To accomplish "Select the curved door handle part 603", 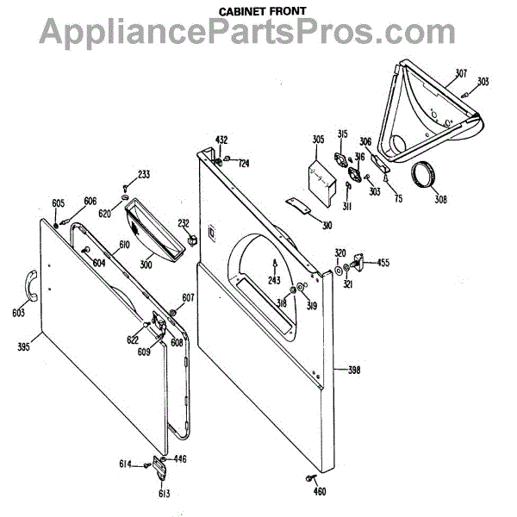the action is pos(28,285).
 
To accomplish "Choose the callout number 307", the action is pos(461,72).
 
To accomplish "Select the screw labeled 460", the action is pos(309,477).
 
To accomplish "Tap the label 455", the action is pos(383,262).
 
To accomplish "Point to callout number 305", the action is pos(318,140).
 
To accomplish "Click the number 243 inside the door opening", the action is pos(274,280).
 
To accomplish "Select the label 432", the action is pos(221,140).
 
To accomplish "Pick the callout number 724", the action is pos(244,163).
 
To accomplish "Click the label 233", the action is pos(143,174).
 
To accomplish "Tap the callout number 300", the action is pos(146,265).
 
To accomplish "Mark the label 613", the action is pos(163,494).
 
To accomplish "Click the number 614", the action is pos(126,464).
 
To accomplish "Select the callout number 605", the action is pos(58,202).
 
